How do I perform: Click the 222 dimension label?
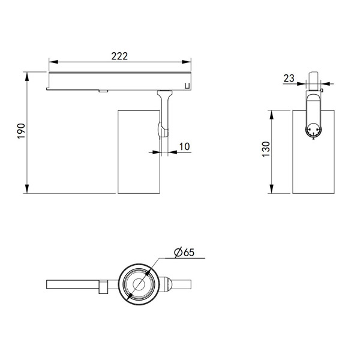pyautogui.click(x=119, y=56)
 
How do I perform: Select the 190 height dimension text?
pyautogui.click(x=21, y=131)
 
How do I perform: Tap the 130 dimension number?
pyautogui.click(x=266, y=149)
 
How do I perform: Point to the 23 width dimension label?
pyautogui.click(x=289, y=78)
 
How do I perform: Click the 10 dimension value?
pyautogui.click(x=185, y=146)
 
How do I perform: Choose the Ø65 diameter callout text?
pyautogui.click(x=184, y=253)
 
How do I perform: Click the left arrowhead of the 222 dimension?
pyautogui.click(x=53, y=62)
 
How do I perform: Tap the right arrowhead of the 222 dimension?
pyautogui.click(x=187, y=62)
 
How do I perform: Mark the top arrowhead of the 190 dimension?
pyautogui.click(x=27, y=76)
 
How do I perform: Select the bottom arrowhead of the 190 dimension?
pyautogui.click(x=27, y=189)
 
